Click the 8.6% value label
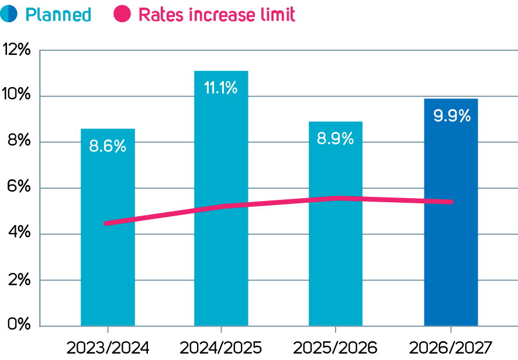108,146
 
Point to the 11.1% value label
221,88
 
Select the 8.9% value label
336,139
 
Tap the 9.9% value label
451,116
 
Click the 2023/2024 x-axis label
108,347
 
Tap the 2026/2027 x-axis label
451,347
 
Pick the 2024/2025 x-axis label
221,347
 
